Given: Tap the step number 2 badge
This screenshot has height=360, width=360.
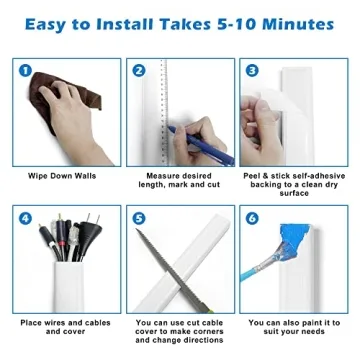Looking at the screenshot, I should [140, 70].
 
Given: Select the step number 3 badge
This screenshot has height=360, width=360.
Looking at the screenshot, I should [252, 70].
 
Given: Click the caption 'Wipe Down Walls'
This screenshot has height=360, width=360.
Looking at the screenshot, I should [62, 177].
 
